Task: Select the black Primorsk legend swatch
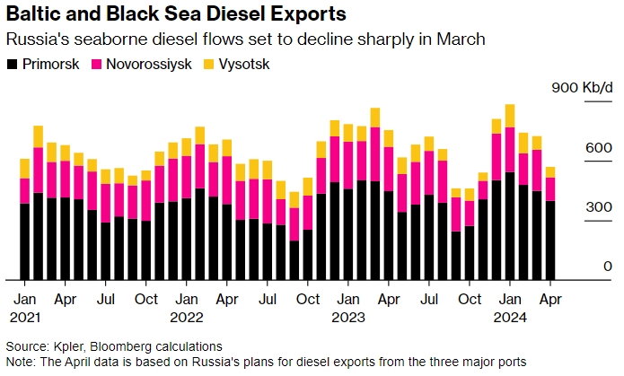[x=12, y=65]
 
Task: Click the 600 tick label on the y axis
[x=600, y=148]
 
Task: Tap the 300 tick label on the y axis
[x=600, y=208]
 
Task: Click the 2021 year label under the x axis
[x=25, y=316]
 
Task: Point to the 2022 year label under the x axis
[x=187, y=316]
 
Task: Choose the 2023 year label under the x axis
[x=348, y=316]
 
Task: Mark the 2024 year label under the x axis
[x=510, y=316]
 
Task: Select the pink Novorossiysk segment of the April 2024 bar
[x=550, y=189]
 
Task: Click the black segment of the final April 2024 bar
[x=550, y=240]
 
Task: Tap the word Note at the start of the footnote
[x=19, y=361]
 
